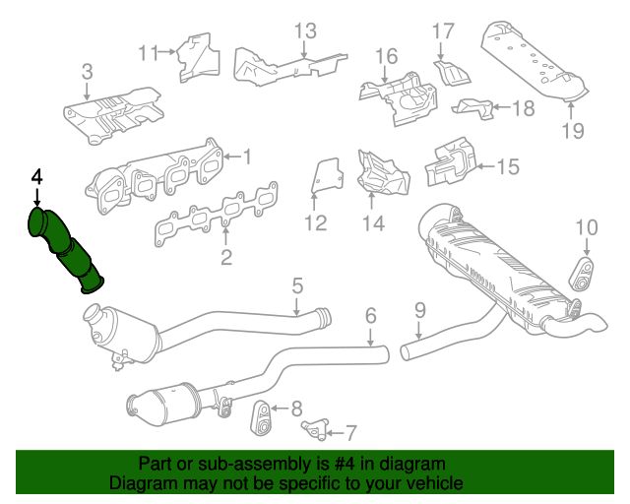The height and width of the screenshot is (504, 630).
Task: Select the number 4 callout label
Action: (x=37, y=177)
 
